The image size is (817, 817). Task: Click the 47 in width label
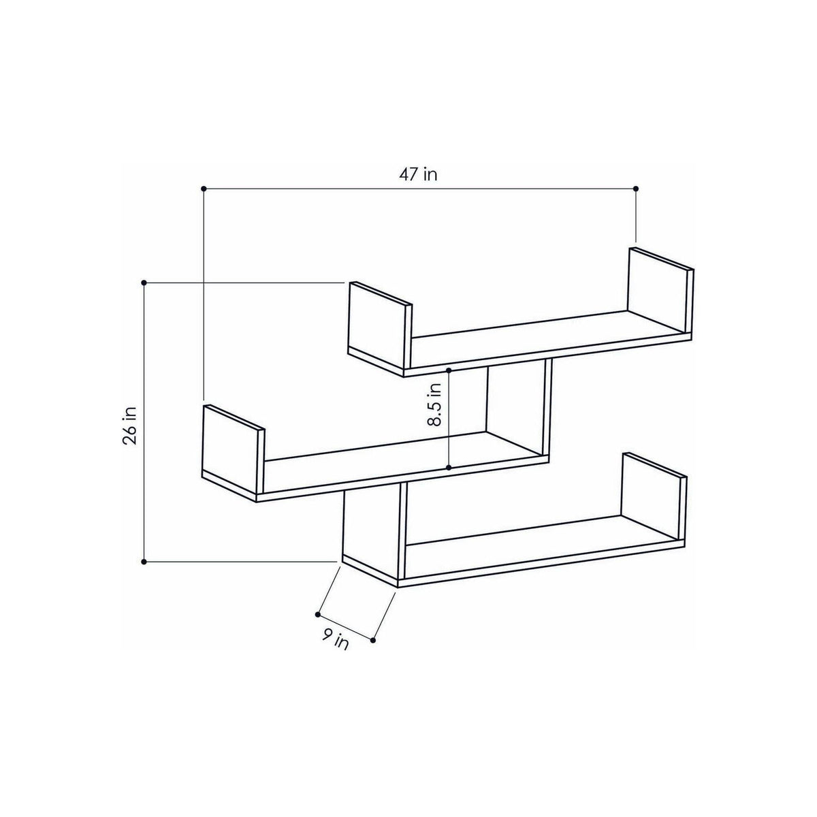click(417, 174)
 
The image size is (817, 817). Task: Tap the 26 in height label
click(130, 426)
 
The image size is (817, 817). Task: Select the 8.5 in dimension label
click(434, 404)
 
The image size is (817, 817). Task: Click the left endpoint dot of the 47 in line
click(204, 188)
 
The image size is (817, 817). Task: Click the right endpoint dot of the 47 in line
click(636, 188)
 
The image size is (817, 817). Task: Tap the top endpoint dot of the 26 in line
click(144, 283)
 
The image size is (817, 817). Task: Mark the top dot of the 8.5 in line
click(449, 370)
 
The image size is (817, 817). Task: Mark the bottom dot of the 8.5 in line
click(449, 468)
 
